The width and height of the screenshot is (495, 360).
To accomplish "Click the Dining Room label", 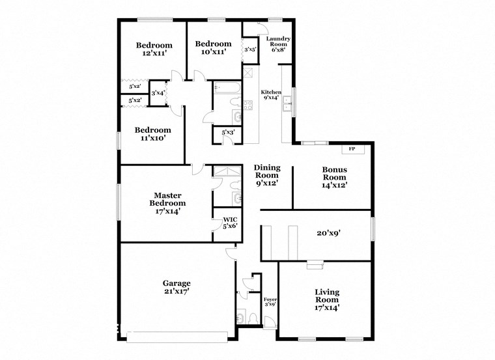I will pyautogui.click(x=266, y=171).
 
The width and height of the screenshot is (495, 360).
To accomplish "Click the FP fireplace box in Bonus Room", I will pyautogui.click(x=352, y=149).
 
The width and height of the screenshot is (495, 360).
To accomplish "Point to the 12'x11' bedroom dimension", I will pyautogui.click(x=154, y=53).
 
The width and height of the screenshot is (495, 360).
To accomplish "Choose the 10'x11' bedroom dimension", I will pyautogui.click(x=211, y=52).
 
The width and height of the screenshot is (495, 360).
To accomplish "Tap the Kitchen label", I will pyautogui.click(x=270, y=95).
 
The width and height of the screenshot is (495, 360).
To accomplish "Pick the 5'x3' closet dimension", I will pyautogui.click(x=228, y=133).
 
